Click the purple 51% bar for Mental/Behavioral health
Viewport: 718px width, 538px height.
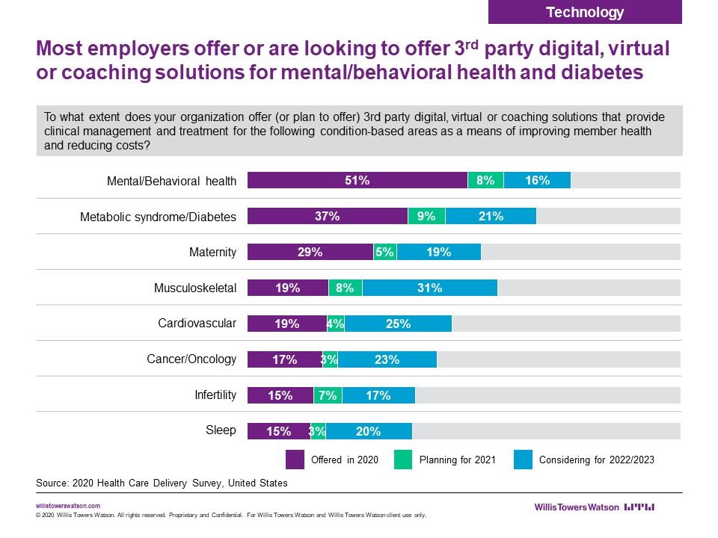pyautogui.click(x=358, y=180)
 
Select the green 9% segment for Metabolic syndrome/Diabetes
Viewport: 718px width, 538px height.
pyautogui.click(x=426, y=216)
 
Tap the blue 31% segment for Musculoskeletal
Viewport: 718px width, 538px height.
pyautogui.click(x=430, y=288)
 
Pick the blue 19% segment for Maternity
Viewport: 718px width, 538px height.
pyautogui.click(x=439, y=252)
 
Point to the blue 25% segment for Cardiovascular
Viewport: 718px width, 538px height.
pyautogui.click(x=398, y=324)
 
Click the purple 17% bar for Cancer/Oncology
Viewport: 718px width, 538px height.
pyautogui.click(x=284, y=359)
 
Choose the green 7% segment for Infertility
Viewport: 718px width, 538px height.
pyautogui.click(x=328, y=395)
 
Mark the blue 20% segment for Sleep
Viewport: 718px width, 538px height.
pyautogui.click(x=369, y=431)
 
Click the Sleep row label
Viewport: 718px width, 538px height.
pyautogui.click(x=221, y=430)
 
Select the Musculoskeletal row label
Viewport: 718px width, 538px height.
pyautogui.click(x=194, y=288)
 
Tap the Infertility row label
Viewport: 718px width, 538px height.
pyautogui.click(x=215, y=395)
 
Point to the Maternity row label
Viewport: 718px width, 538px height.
pyautogui.click(x=212, y=252)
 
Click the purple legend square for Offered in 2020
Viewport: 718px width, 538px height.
pyautogui.click(x=295, y=459)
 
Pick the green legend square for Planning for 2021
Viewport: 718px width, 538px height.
pyautogui.click(x=403, y=459)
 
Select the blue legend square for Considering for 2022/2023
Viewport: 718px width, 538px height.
pyautogui.click(x=523, y=459)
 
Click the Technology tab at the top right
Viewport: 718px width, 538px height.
pyautogui.click(x=585, y=12)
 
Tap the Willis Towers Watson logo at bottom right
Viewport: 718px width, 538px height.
pyautogui.click(x=594, y=507)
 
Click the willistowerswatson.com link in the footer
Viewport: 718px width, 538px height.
pyautogui.click(x=68, y=506)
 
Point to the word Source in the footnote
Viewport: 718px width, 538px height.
pyautogui.click(x=52, y=483)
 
